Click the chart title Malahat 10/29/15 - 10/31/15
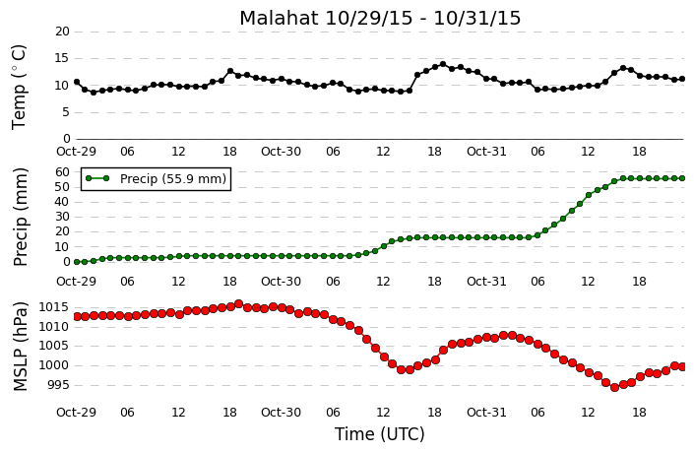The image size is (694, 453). (x=380, y=18)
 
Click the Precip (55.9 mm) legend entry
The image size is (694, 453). (x=156, y=179)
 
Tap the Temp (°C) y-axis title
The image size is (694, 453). (x=19, y=88)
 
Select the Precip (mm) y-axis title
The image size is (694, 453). (x=21, y=217)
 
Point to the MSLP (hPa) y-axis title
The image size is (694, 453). (x=21, y=347)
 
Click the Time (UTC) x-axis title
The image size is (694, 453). (x=379, y=434)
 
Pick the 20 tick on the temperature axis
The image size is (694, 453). (x=63, y=32)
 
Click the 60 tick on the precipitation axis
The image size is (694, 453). (x=63, y=171)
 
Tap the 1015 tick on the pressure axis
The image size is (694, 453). (x=54, y=307)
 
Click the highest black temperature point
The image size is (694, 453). (x=443, y=64)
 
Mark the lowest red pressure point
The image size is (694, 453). (x=614, y=387)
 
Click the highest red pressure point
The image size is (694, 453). (x=238, y=303)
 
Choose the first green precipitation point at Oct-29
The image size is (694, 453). (x=77, y=262)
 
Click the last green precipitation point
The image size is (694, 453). (x=682, y=178)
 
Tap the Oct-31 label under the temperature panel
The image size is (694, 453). (x=486, y=152)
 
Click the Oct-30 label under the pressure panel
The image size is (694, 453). (x=282, y=413)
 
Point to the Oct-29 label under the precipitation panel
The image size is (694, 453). (x=76, y=282)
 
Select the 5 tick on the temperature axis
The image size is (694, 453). (x=66, y=112)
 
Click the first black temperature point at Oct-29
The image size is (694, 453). (x=77, y=82)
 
